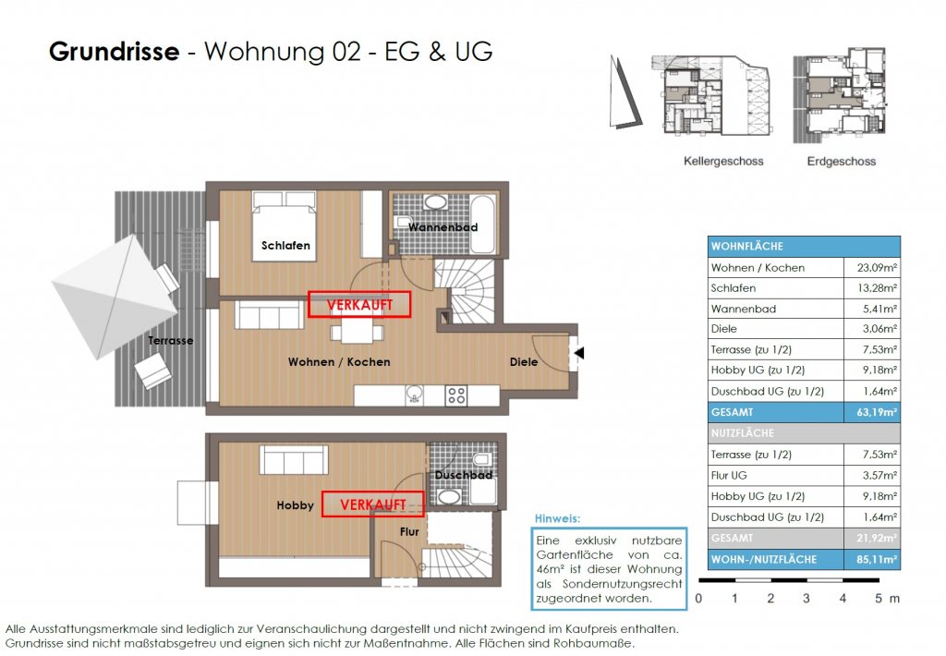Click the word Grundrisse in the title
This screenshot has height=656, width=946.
114,52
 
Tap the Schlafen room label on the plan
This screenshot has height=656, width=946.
285,246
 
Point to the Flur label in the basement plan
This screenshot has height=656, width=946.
409,532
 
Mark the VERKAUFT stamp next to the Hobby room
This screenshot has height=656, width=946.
372,504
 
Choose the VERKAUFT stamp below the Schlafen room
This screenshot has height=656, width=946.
358,304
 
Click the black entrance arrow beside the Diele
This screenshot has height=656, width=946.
577,352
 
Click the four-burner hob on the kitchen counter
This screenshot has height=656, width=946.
456,395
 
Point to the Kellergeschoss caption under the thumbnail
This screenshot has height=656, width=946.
723,161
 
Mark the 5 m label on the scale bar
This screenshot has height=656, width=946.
885,599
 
